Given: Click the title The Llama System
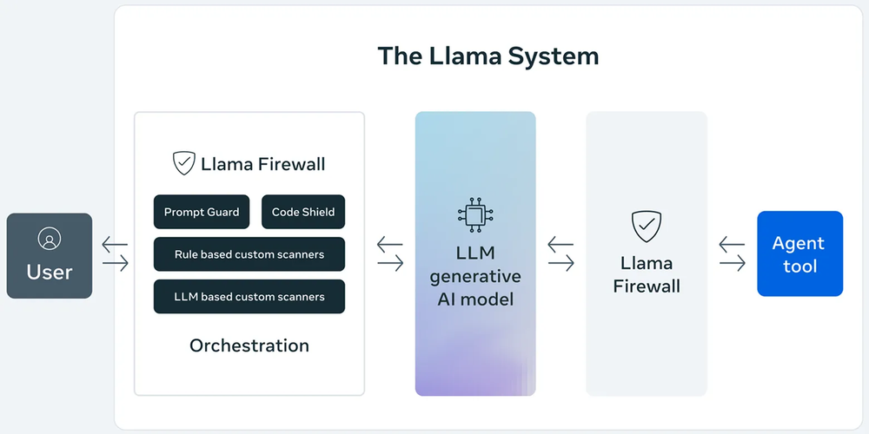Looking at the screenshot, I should click(488, 56).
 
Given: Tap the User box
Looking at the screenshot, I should click(50, 256).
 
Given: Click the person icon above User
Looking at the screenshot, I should click(50, 239).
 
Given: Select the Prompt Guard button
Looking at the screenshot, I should click(202, 212).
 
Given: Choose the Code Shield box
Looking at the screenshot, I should click(302, 212).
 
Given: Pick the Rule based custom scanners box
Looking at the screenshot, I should click(249, 254).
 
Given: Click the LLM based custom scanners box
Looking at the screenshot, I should click(249, 297).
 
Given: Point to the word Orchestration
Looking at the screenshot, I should click(249, 345).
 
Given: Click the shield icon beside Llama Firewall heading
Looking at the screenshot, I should click(183, 163).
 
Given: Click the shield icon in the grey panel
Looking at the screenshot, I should click(646, 226).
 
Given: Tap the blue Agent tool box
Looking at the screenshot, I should click(799, 254).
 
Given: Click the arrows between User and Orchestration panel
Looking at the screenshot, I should click(115, 254).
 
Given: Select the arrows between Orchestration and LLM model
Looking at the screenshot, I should click(390, 254).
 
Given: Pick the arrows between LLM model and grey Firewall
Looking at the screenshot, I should click(561, 254).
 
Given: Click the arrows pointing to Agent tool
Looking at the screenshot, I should click(732, 254).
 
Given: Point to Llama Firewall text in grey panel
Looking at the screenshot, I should click(646, 274).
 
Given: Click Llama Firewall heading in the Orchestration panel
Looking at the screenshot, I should click(263, 163).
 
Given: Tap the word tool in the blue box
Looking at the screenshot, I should click(799, 266).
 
